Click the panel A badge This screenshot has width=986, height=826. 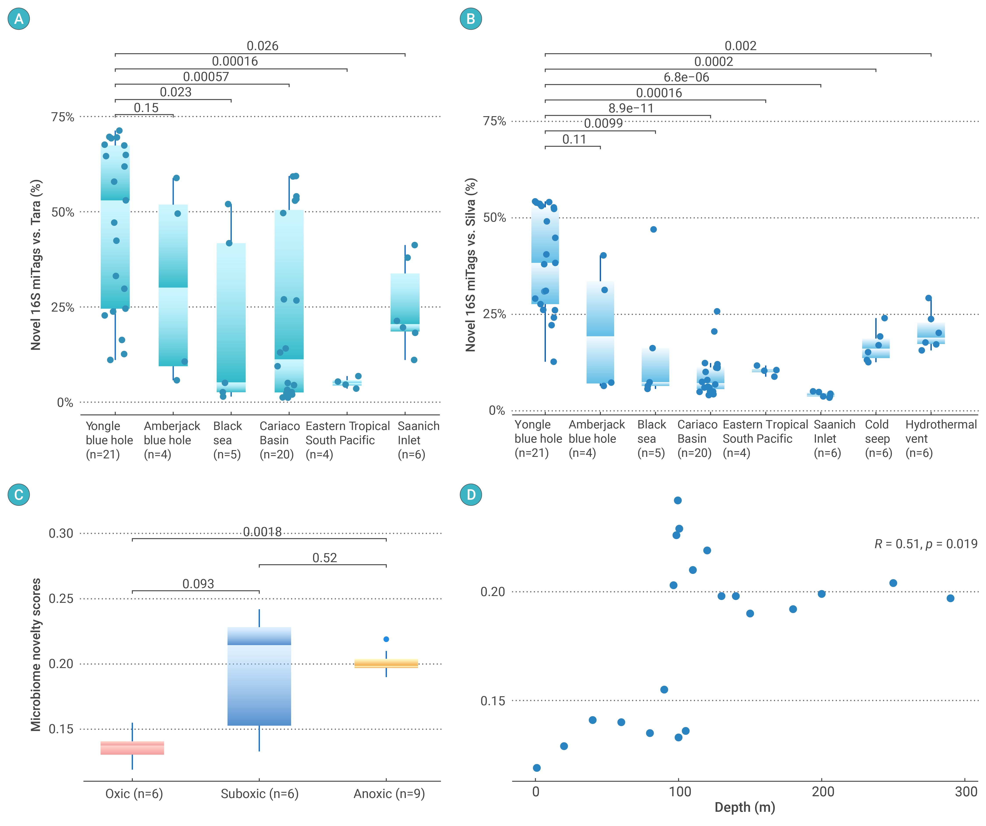click(x=19, y=19)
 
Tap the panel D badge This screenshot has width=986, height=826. click(x=471, y=495)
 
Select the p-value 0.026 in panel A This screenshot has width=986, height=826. click(x=262, y=46)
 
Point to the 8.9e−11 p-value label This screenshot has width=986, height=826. click(x=631, y=108)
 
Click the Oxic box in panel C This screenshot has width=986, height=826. click(x=132, y=748)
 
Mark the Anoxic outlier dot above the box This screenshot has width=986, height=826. click(x=386, y=639)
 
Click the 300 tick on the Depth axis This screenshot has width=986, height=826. click(x=966, y=792)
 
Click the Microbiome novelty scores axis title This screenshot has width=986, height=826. click(x=36, y=655)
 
